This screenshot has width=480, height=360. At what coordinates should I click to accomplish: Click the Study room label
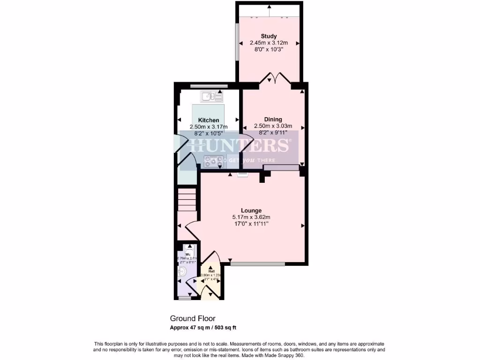click(x=269, y=37)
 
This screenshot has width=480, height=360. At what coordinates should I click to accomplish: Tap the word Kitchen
click(x=209, y=120)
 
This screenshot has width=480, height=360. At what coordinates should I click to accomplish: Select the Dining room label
click(x=273, y=120)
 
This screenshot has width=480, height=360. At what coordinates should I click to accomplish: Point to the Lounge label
click(x=251, y=210)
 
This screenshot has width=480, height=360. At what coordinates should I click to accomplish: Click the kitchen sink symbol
click(x=212, y=97)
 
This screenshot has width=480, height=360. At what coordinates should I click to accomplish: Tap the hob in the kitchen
click(x=212, y=161)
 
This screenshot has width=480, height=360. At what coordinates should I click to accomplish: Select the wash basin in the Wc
click(x=183, y=271)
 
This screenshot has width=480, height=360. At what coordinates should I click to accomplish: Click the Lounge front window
click(x=257, y=264)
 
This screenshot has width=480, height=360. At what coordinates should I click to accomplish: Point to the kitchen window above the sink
click(x=209, y=86)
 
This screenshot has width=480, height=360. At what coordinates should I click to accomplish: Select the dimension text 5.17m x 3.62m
click(x=251, y=217)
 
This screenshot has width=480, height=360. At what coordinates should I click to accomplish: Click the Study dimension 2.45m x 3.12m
click(x=269, y=43)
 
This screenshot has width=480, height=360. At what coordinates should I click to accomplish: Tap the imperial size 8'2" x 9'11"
click(x=273, y=132)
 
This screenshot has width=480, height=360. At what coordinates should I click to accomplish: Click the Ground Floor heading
click(x=193, y=319)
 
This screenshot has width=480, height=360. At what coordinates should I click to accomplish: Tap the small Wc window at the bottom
click(x=186, y=298)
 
